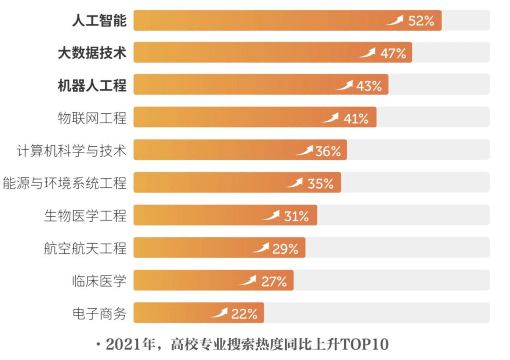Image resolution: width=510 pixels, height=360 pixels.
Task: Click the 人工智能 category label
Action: click(x=99, y=21)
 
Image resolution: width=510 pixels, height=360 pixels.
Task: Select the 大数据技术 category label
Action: click(x=92, y=53)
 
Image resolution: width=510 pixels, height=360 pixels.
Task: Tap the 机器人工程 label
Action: click(x=92, y=85)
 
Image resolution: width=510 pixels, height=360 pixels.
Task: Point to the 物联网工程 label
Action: click(x=92, y=118)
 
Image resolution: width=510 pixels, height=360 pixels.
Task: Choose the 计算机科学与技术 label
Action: click(x=71, y=151)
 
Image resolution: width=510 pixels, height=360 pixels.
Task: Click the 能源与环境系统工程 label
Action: click(x=65, y=183)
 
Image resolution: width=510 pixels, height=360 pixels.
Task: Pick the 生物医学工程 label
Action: click(x=85, y=216)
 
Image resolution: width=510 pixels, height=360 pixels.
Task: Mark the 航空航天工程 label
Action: click(x=85, y=248)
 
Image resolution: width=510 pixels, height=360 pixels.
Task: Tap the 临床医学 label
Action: click(x=99, y=281)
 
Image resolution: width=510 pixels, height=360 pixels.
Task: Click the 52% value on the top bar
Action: click(x=421, y=21)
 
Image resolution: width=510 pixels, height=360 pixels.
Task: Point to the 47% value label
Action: click(x=393, y=53)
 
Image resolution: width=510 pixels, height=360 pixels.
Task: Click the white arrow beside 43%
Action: click(x=344, y=85)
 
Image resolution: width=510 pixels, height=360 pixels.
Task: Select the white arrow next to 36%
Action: click(x=305, y=151)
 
